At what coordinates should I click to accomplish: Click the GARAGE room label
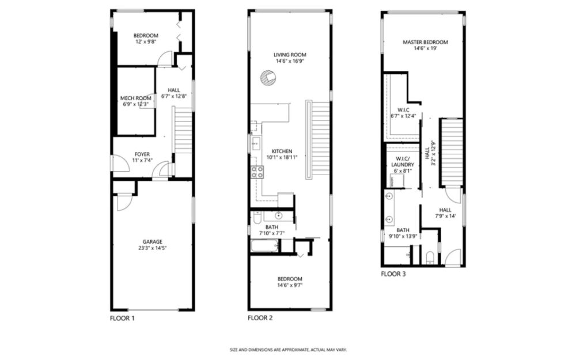tap(153, 242)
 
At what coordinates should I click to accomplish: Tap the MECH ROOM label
tap(135, 98)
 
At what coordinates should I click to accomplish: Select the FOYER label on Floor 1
tap(142, 154)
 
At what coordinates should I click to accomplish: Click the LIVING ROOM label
tap(290, 55)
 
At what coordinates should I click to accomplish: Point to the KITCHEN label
tap(282, 151)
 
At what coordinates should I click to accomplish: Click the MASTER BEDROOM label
tap(426, 42)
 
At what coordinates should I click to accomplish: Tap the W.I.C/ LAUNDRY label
tap(403, 162)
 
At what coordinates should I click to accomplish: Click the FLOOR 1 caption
tap(122, 318)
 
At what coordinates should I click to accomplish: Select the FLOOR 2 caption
tap(260, 318)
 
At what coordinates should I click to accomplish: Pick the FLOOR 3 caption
tap(393, 274)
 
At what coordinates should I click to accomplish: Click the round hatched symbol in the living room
tap(268, 78)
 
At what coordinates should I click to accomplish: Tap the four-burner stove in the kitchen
tap(257, 172)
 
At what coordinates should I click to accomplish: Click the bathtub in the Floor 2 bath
tap(265, 245)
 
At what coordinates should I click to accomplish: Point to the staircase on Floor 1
tap(183, 130)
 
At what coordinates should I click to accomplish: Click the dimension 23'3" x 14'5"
tap(152, 248)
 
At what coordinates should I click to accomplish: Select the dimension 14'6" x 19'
tap(426, 48)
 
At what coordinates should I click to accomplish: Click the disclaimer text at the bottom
tap(288, 350)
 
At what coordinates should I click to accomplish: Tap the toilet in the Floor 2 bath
tap(257, 218)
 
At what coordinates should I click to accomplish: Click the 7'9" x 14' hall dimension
tap(445, 216)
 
